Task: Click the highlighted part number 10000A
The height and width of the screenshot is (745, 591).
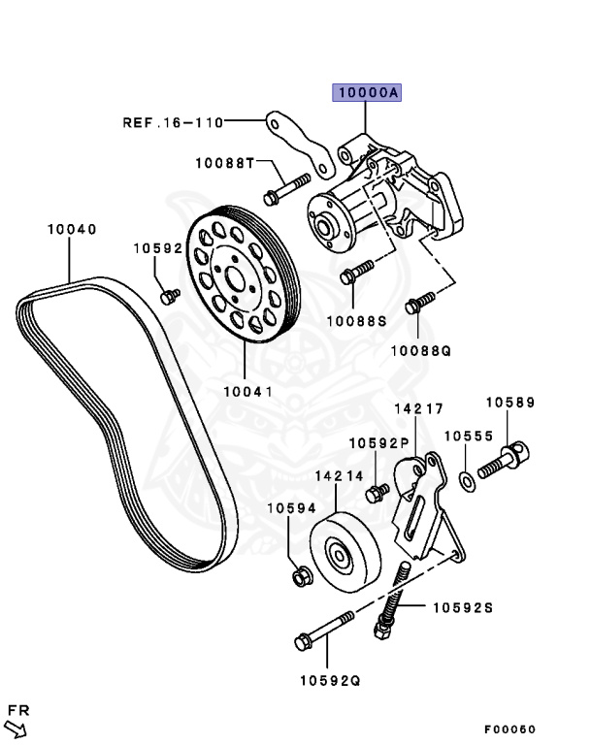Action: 367,93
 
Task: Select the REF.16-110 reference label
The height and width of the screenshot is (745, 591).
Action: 173,123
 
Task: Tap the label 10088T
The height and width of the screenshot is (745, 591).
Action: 223,163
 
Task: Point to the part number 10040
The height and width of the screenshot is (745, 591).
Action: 72,230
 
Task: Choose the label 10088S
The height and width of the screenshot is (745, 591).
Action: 355,320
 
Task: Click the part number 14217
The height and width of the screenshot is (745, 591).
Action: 418,409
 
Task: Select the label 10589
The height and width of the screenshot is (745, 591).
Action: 509,402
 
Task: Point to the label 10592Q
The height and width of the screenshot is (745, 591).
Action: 330,680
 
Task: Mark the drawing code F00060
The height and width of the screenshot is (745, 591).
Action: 510,729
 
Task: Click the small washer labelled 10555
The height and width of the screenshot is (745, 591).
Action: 466,478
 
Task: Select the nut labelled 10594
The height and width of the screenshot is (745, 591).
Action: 301,578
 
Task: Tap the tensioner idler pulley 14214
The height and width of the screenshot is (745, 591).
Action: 343,555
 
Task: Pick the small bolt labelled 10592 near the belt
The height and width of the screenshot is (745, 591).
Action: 168,294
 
